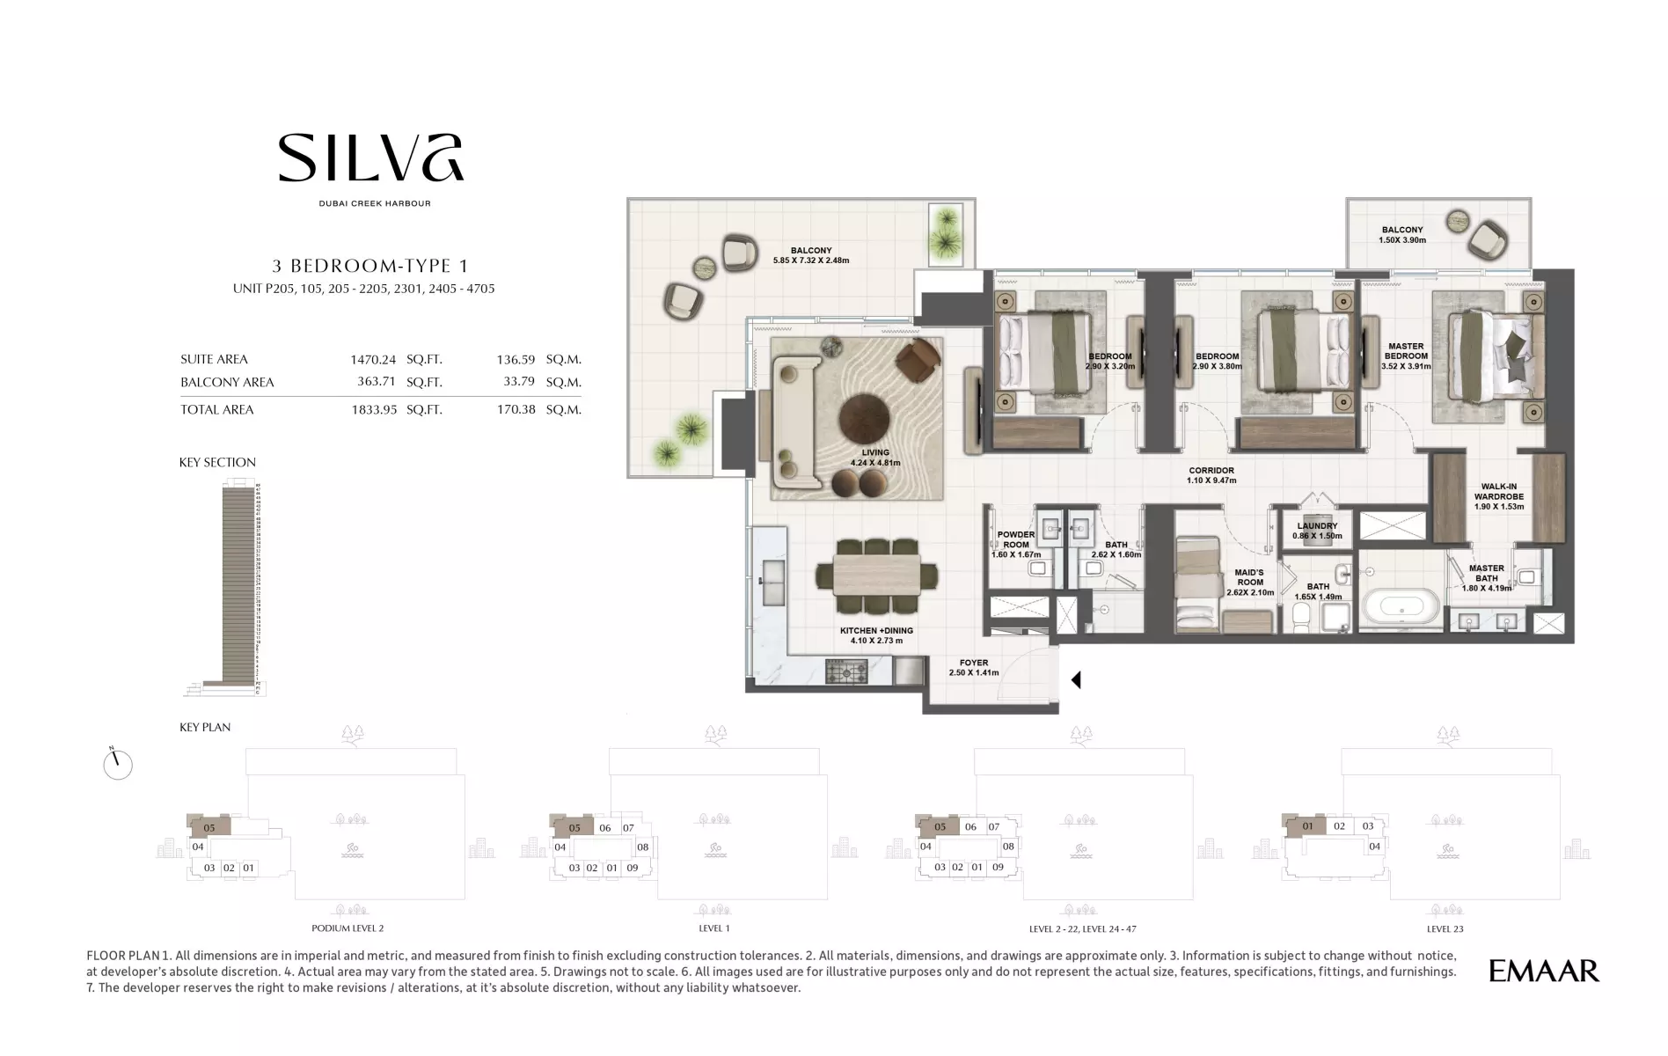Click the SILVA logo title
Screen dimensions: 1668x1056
coord(370,158)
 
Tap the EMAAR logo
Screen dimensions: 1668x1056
coord(1544,971)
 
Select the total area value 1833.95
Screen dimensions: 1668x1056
coord(374,409)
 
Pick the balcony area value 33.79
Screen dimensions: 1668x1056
coord(519,382)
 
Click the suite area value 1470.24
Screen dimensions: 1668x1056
coord(373,359)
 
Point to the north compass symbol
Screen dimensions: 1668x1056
coord(117,764)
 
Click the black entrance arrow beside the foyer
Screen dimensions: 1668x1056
coord(1075,679)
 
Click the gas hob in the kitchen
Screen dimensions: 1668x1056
coord(846,672)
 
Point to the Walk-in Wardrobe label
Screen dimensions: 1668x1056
coord(1499,496)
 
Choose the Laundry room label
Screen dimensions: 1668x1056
coord(1317,531)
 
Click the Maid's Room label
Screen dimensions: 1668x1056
coord(1250,583)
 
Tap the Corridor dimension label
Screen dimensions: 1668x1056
coord(1211,475)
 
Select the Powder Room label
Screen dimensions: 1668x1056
coord(1016,545)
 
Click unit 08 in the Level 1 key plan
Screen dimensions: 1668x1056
coord(643,847)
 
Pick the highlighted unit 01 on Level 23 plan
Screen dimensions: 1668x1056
coord(1307,826)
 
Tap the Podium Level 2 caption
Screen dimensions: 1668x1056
coord(347,928)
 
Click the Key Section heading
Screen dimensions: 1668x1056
coord(217,462)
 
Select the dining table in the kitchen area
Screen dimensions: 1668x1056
coord(877,576)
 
